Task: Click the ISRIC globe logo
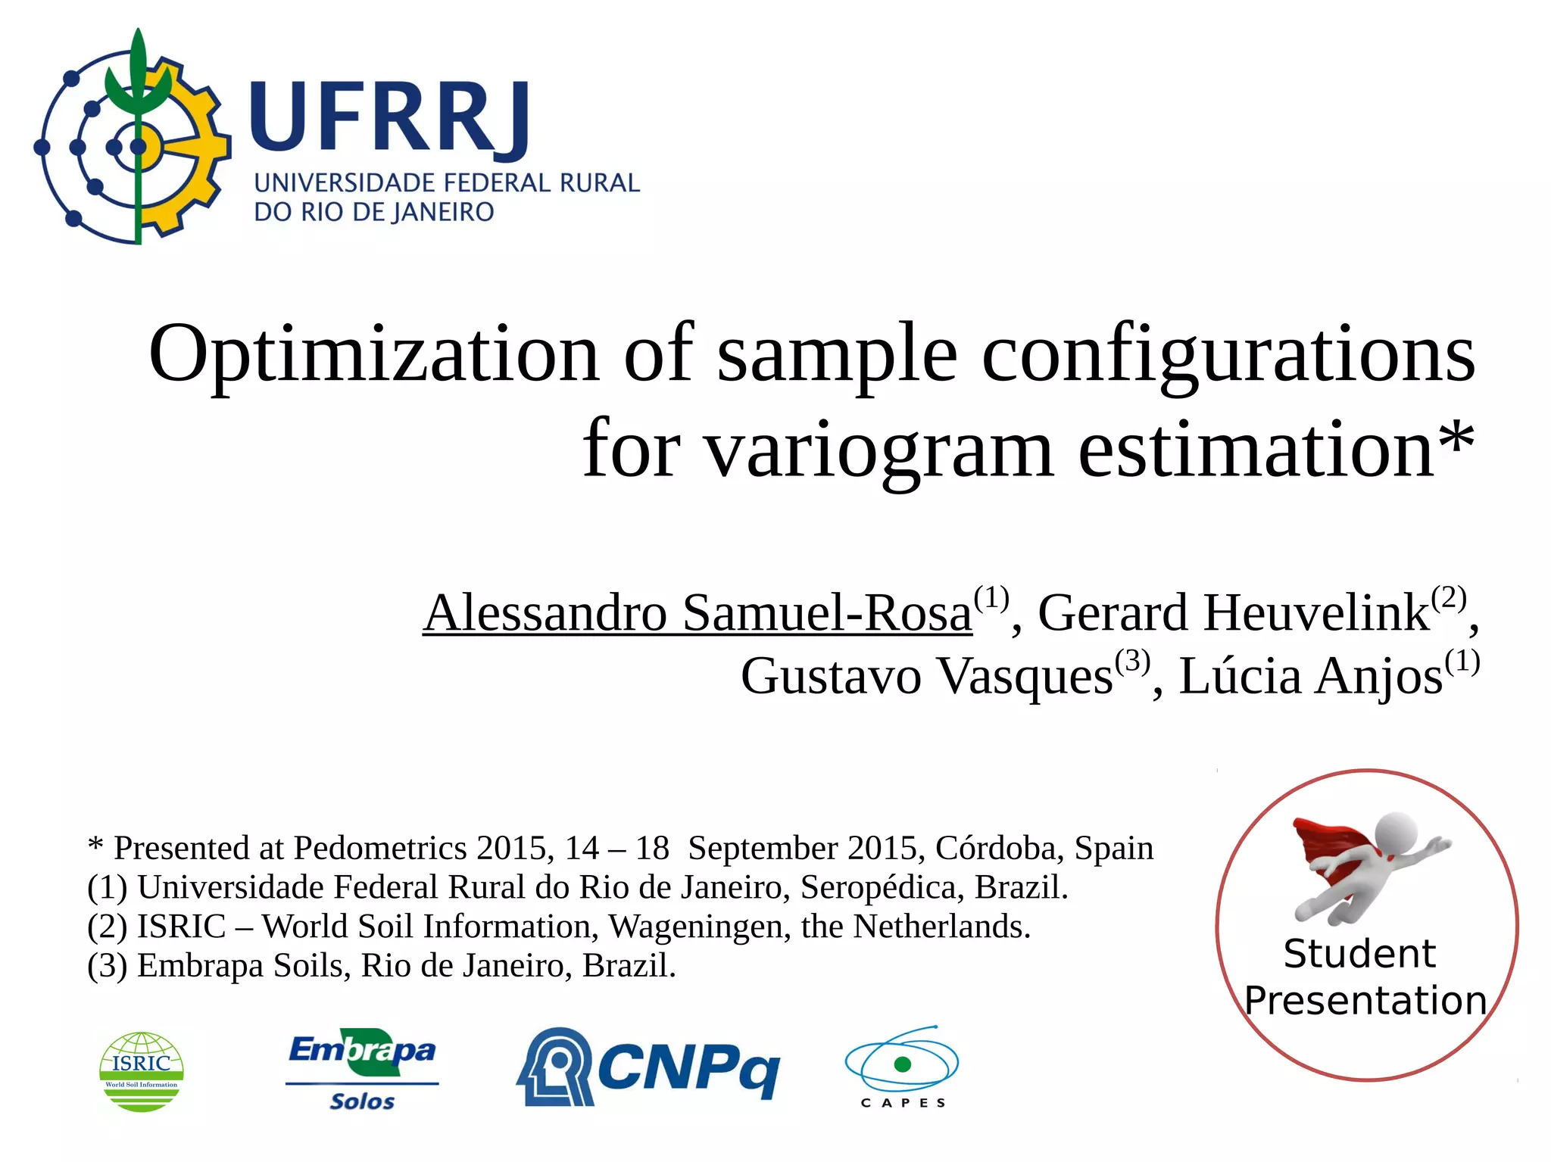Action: point(142,1071)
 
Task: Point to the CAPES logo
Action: point(902,1067)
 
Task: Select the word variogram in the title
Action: point(879,451)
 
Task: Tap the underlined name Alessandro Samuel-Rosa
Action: point(697,613)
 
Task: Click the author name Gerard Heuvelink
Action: point(1233,613)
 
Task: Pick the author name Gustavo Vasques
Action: point(926,676)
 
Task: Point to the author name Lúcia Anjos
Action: point(1310,676)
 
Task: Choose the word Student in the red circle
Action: point(1359,954)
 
